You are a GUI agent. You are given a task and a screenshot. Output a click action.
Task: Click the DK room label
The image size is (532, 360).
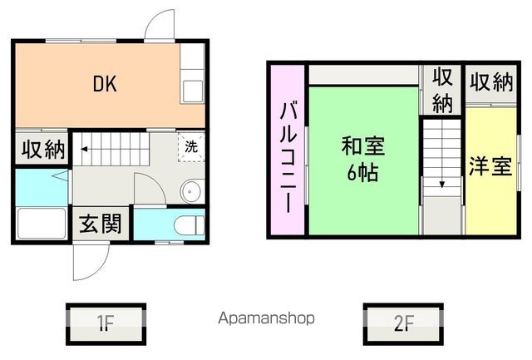click(x=104, y=83)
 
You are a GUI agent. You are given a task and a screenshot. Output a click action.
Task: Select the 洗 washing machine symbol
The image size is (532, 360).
click(x=190, y=147)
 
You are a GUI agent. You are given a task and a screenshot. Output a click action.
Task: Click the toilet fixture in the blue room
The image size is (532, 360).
click(x=190, y=224)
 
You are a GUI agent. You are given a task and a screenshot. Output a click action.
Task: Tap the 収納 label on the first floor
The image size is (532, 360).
click(x=42, y=150)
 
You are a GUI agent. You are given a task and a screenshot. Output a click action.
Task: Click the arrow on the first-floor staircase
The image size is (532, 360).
click(x=86, y=151)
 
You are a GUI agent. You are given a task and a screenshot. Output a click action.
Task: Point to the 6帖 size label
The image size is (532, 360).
click(x=363, y=174)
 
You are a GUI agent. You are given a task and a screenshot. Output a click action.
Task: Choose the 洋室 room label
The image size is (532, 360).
click(x=489, y=166)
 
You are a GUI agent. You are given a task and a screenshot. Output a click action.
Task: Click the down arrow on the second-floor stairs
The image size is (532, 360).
click(x=441, y=184)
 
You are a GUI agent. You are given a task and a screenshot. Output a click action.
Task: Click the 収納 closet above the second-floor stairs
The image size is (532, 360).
click(x=441, y=90)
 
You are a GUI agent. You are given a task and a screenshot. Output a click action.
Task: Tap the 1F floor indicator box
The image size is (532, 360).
click(x=106, y=322)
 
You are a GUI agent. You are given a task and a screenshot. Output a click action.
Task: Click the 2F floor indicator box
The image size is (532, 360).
click(x=403, y=322)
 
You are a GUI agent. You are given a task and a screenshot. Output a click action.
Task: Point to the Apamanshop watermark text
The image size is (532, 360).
click(x=266, y=318)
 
